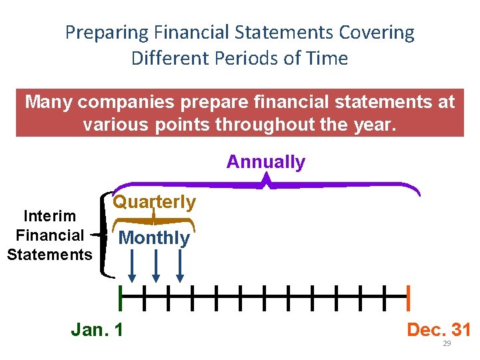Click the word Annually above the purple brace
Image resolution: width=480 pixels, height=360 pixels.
tap(265, 162)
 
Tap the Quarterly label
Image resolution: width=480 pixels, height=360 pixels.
tap(155, 202)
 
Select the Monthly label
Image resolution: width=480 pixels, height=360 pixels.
tap(154, 238)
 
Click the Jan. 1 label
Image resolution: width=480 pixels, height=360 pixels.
tap(97, 329)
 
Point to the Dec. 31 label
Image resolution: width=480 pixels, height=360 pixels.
tap(439, 329)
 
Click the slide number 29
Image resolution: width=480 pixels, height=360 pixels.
tap(447, 343)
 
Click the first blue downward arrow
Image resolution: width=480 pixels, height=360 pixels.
tap(132, 269)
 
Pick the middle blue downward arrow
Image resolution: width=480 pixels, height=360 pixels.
tap(156, 269)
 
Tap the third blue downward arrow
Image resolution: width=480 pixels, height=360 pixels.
tap(180, 269)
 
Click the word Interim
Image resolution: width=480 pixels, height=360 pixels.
tap(49, 216)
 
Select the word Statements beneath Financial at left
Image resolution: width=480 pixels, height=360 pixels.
tap(49, 254)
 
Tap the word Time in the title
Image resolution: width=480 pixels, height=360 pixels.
tap(327, 58)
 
